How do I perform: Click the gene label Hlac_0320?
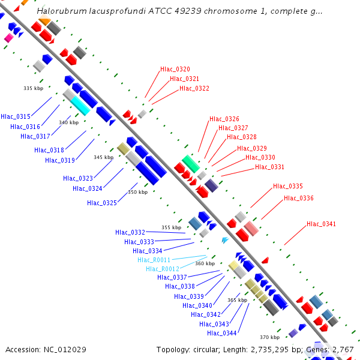pyautogui.click(x=175, y=70)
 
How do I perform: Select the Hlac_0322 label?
pyautogui.click(x=194, y=89)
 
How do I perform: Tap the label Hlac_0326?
pyautogui.click(x=224, y=119)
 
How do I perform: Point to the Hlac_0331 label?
pyautogui.click(x=269, y=167)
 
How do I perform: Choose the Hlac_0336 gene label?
pyautogui.click(x=299, y=199)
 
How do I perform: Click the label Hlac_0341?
pyautogui.click(x=322, y=224)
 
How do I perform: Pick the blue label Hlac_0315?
pyautogui.click(x=16, y=116)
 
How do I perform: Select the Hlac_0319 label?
pyautogui.click(x=60, y=160)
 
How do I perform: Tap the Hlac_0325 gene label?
pyautogui.click(x=102, y=203)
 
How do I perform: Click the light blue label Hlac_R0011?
pyautogui.click(x=154, y=260)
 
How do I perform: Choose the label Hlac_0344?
pyautogui.click(x=222, y=334)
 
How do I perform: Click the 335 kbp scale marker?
pyautogui.click(x=33, y=89)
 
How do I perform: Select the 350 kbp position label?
pyautogui.click(x=137, y=193)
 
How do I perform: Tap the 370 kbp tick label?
pyautogui.click(x=269, y=338)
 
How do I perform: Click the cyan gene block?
pyautogui.click(x=80, y=106)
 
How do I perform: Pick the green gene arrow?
pyautogui.click(x=191, y=163)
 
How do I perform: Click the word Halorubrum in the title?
pyautogui.click(x=59, y=11)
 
